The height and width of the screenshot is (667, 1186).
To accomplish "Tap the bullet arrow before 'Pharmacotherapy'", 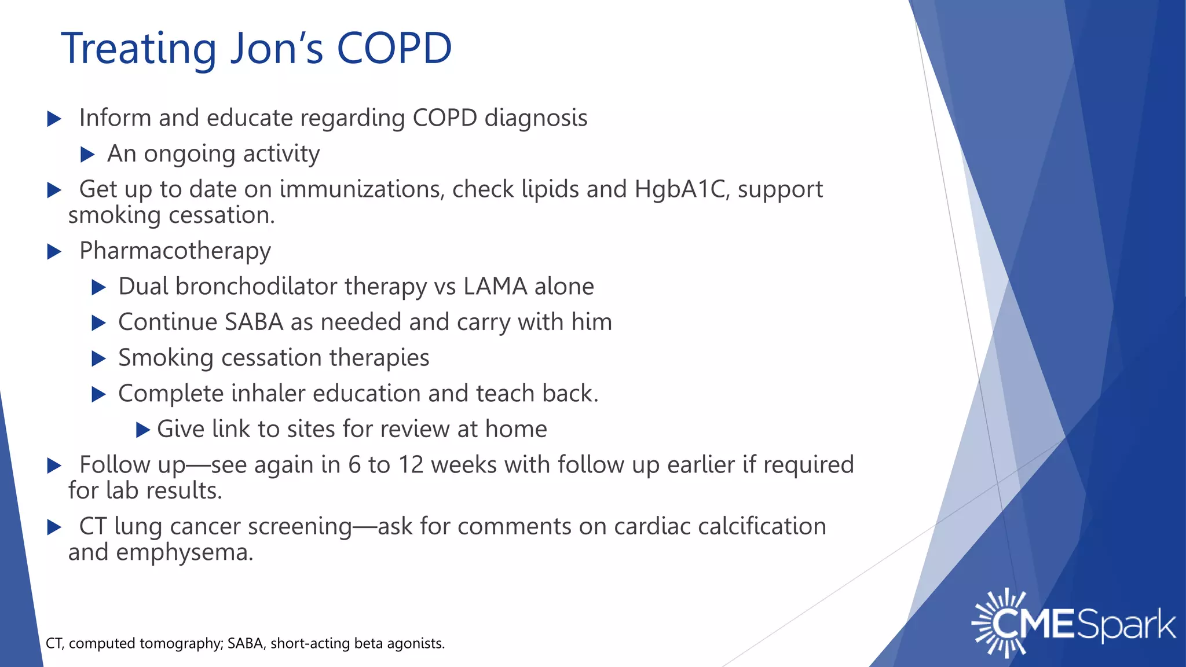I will pyautogui.click(x=54, y=252).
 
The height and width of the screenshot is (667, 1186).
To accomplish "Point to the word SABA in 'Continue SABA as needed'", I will pyautogui.click(x=254, y=322).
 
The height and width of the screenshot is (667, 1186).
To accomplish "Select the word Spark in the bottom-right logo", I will pyautogui.click(x=1126, y=625).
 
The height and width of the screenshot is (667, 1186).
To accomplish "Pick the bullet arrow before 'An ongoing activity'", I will pyautogui.click(x=87, y=155).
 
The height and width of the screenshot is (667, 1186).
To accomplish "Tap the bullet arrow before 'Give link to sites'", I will pyautogui.click(x=143, y=430).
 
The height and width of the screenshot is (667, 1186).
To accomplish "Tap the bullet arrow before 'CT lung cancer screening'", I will pyautogui.click(x=54, y=527).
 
